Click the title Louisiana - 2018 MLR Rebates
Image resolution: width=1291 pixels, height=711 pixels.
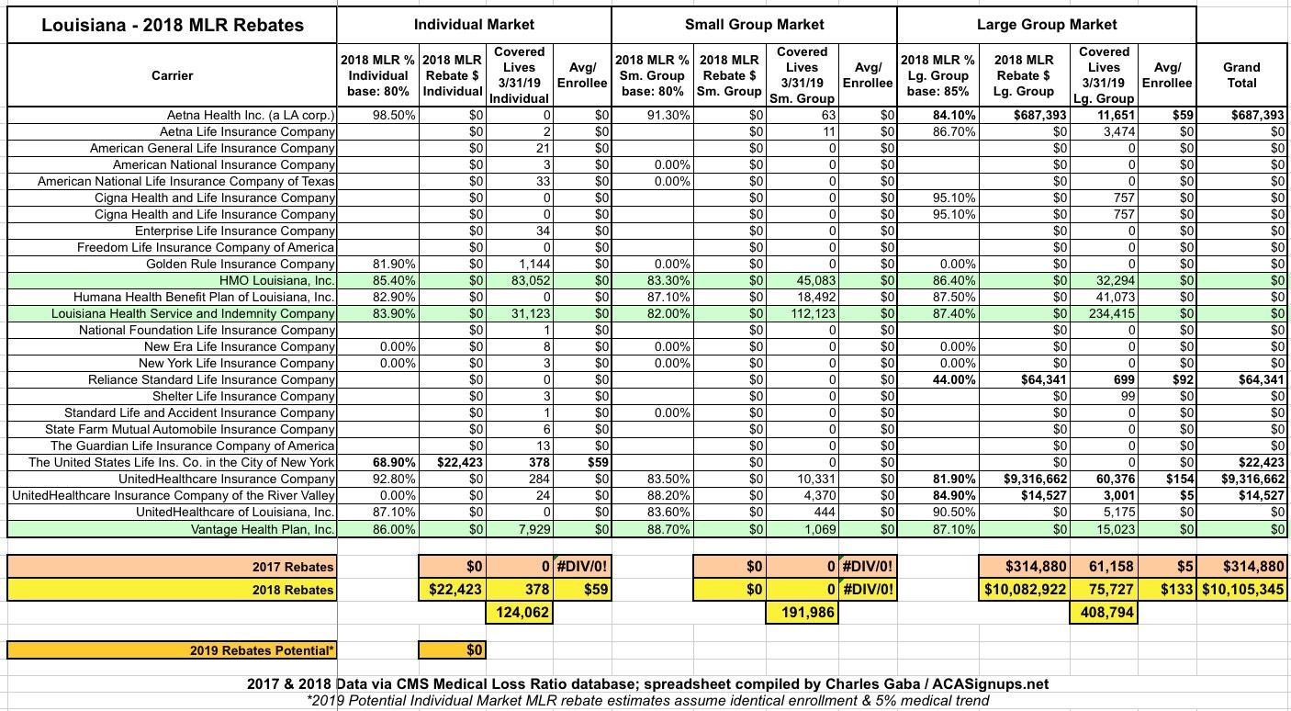point(173,25)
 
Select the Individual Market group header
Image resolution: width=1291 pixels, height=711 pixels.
point(474,25)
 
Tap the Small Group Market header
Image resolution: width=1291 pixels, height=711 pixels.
point(754,25)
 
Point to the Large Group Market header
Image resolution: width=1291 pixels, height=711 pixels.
point(1047,25)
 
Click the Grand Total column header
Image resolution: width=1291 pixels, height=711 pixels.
point(1241,74)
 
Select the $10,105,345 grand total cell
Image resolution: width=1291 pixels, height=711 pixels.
point(1242,590)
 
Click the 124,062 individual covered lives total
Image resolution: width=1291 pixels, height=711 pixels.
point(520,611)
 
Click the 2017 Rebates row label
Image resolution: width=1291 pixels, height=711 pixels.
point(293,567)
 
